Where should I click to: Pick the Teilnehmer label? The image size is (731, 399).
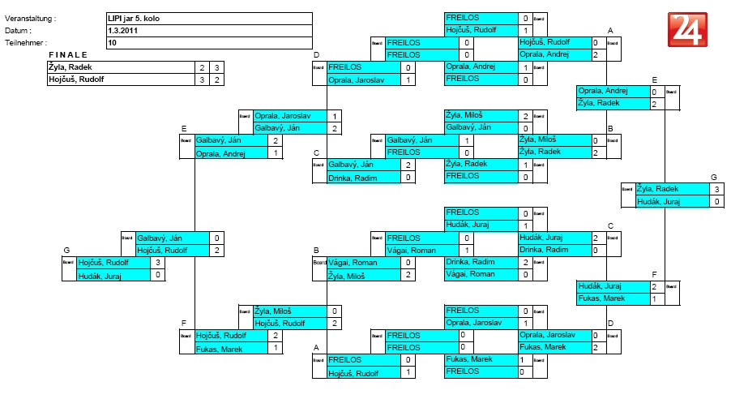(x=26, y=42)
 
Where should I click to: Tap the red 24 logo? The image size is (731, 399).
(x=687, y=30)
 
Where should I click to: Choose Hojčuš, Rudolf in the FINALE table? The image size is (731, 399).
(x=79, y=79)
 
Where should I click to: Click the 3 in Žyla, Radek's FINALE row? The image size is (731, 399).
(x=216, y=67)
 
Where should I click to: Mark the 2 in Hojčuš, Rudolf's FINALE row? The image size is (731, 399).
(x=216, y=79)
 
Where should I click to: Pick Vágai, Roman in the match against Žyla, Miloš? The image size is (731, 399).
(x=353, y=263)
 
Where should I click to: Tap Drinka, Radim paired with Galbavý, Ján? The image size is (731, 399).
(x=350, y=177)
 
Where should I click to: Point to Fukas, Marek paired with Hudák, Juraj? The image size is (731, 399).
(x=601, y=298)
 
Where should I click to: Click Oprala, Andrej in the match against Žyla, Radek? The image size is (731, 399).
(x=605, y=91)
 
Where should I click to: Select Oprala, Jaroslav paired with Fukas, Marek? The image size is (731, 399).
(x=546, y=335)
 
